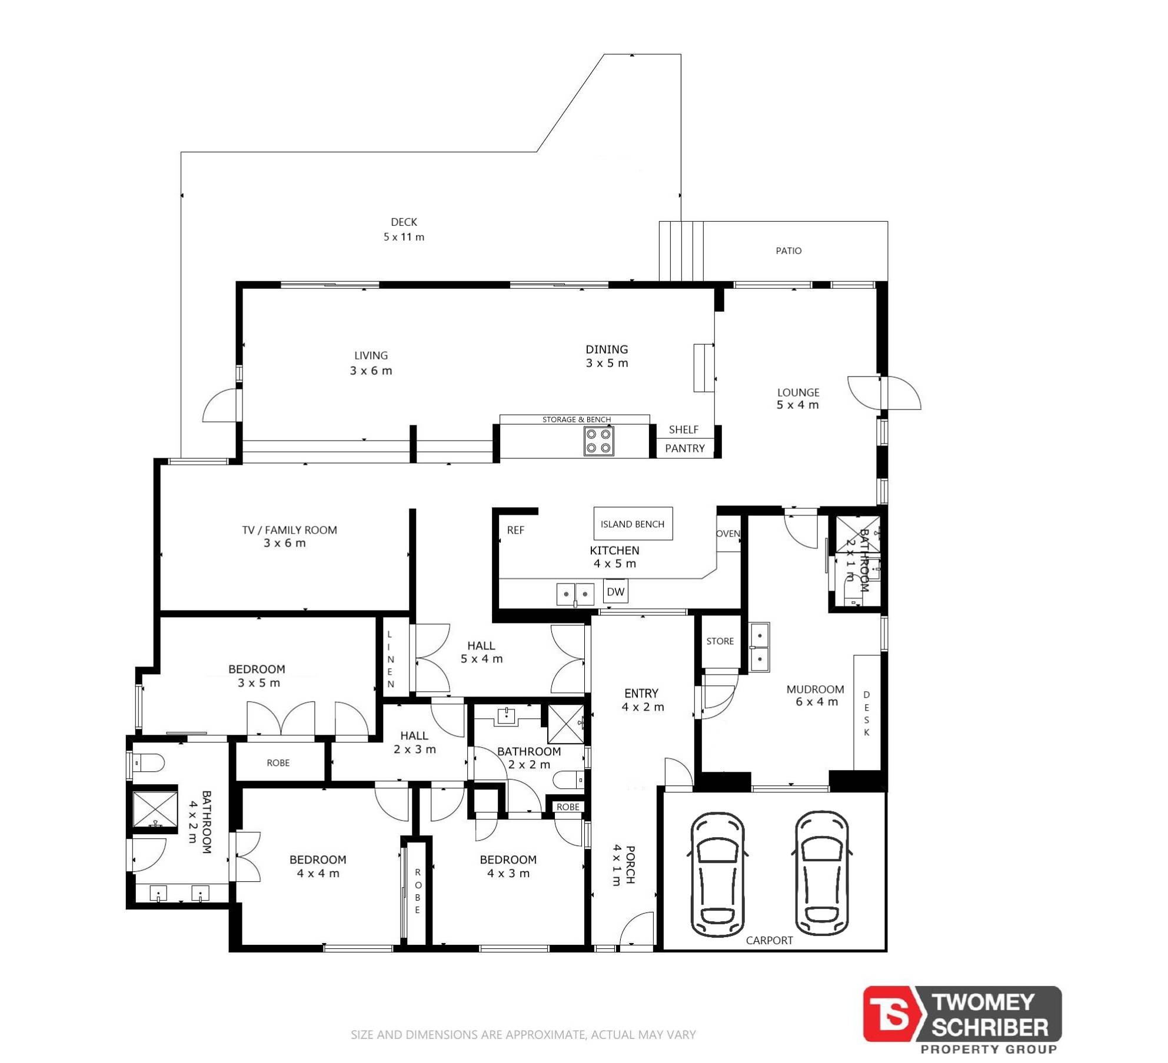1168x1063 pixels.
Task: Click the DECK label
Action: pos(404,222)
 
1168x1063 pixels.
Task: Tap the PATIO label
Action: pos(788,251)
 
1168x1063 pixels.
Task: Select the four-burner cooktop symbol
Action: pos(598,441)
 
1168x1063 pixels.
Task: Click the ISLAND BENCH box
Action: pos(633,524)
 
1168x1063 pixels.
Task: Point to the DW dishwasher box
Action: pos(615,591)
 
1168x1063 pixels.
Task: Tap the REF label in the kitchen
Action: pos(515,530)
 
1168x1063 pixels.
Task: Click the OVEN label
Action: pos(728,534)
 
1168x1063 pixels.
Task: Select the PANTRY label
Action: pos(684,448)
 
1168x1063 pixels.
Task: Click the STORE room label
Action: pos(720,641)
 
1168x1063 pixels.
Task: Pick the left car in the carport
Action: pos(717,874)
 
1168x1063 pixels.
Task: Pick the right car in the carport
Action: pos(823,874)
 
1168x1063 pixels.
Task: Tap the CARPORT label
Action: pos(769,940)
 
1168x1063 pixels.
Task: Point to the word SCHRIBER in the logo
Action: pos(990,1027)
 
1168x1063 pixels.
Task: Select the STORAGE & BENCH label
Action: pos(577,419)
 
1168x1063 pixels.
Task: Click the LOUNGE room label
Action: pos(798,392)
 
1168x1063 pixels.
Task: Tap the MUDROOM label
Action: pos(815,689)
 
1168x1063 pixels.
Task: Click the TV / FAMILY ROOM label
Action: pos(289,530)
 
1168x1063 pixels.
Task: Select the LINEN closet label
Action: pos(390,659)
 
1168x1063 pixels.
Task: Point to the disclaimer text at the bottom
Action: pos(523,1034)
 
